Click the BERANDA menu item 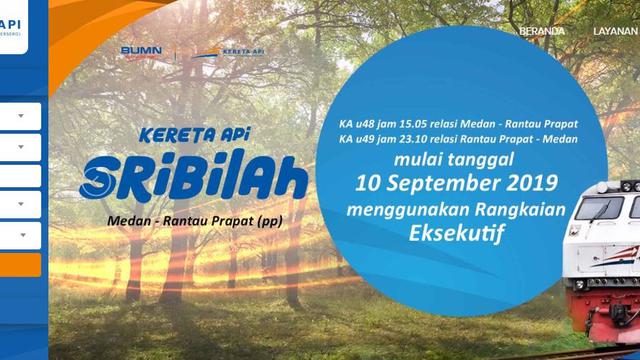click(x=541, y=31)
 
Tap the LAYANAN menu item click(x=615, y=31)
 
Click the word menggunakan click(x=395, y=209)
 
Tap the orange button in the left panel click(x=20, y=265)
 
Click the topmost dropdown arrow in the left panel click(x=21, y=116)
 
